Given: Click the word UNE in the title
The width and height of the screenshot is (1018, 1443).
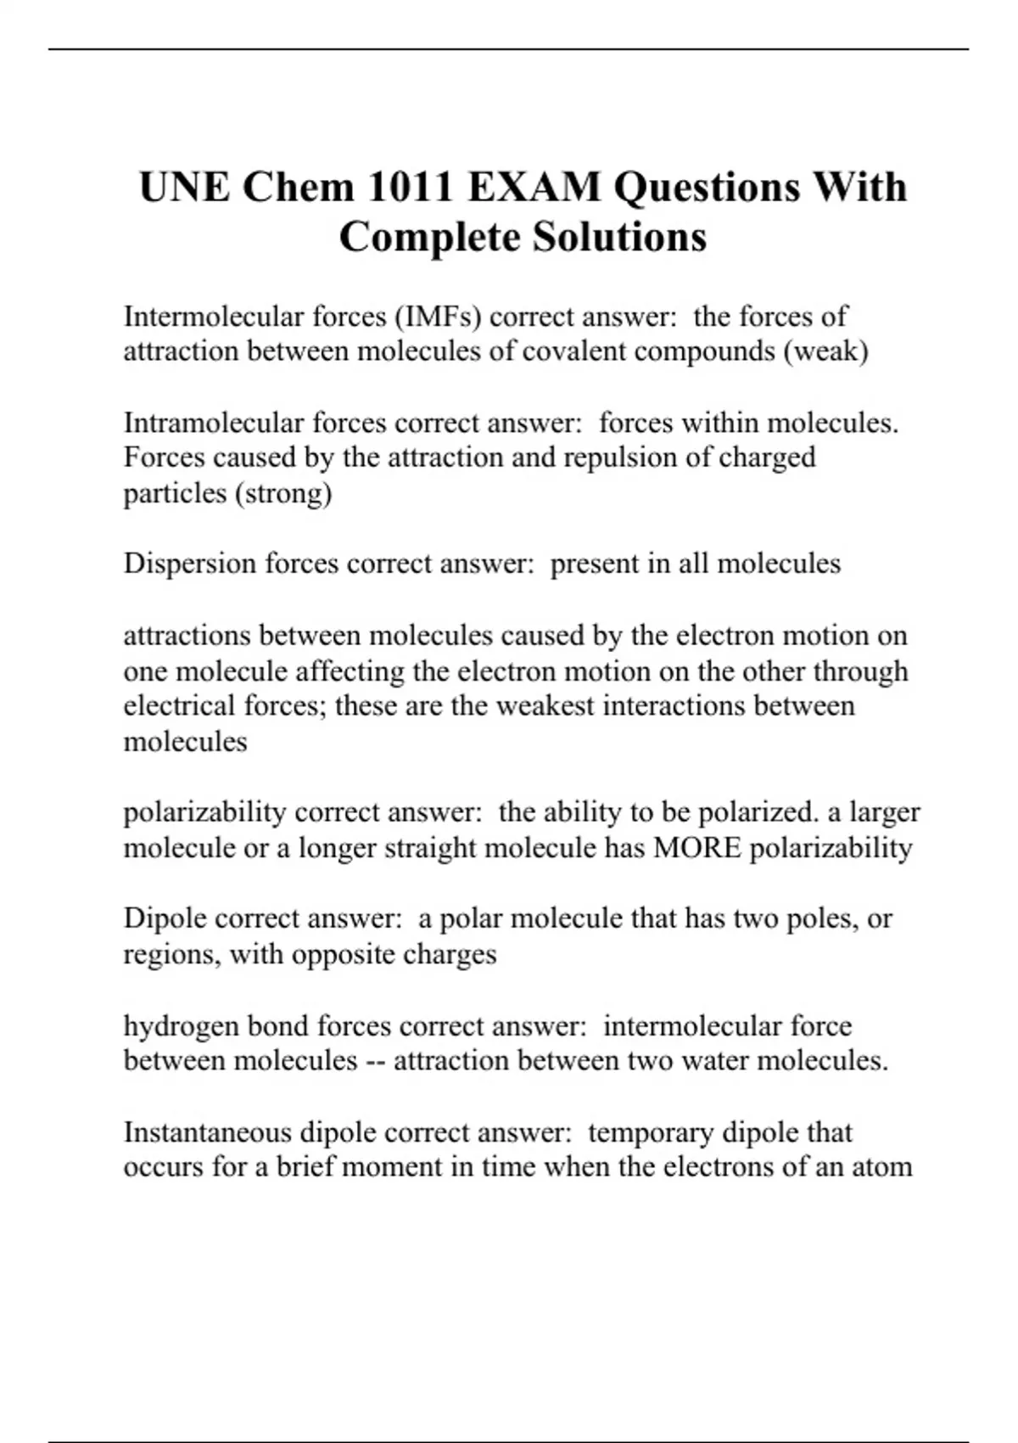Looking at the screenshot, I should click(184, 188).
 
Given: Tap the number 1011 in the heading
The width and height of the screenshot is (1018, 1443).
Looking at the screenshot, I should click(409, 188).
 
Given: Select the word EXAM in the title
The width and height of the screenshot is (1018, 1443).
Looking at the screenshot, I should click(534, 188).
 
